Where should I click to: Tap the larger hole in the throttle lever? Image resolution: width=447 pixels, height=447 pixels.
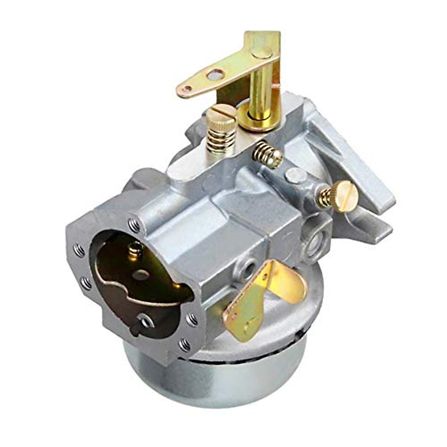pyautogui.click(x=213, y=76)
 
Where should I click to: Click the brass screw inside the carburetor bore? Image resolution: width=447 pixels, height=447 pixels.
pyautogui.click(x=136, y=248)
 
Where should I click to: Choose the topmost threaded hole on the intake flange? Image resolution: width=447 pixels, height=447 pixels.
pyautogui.click(x=134, y=225)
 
